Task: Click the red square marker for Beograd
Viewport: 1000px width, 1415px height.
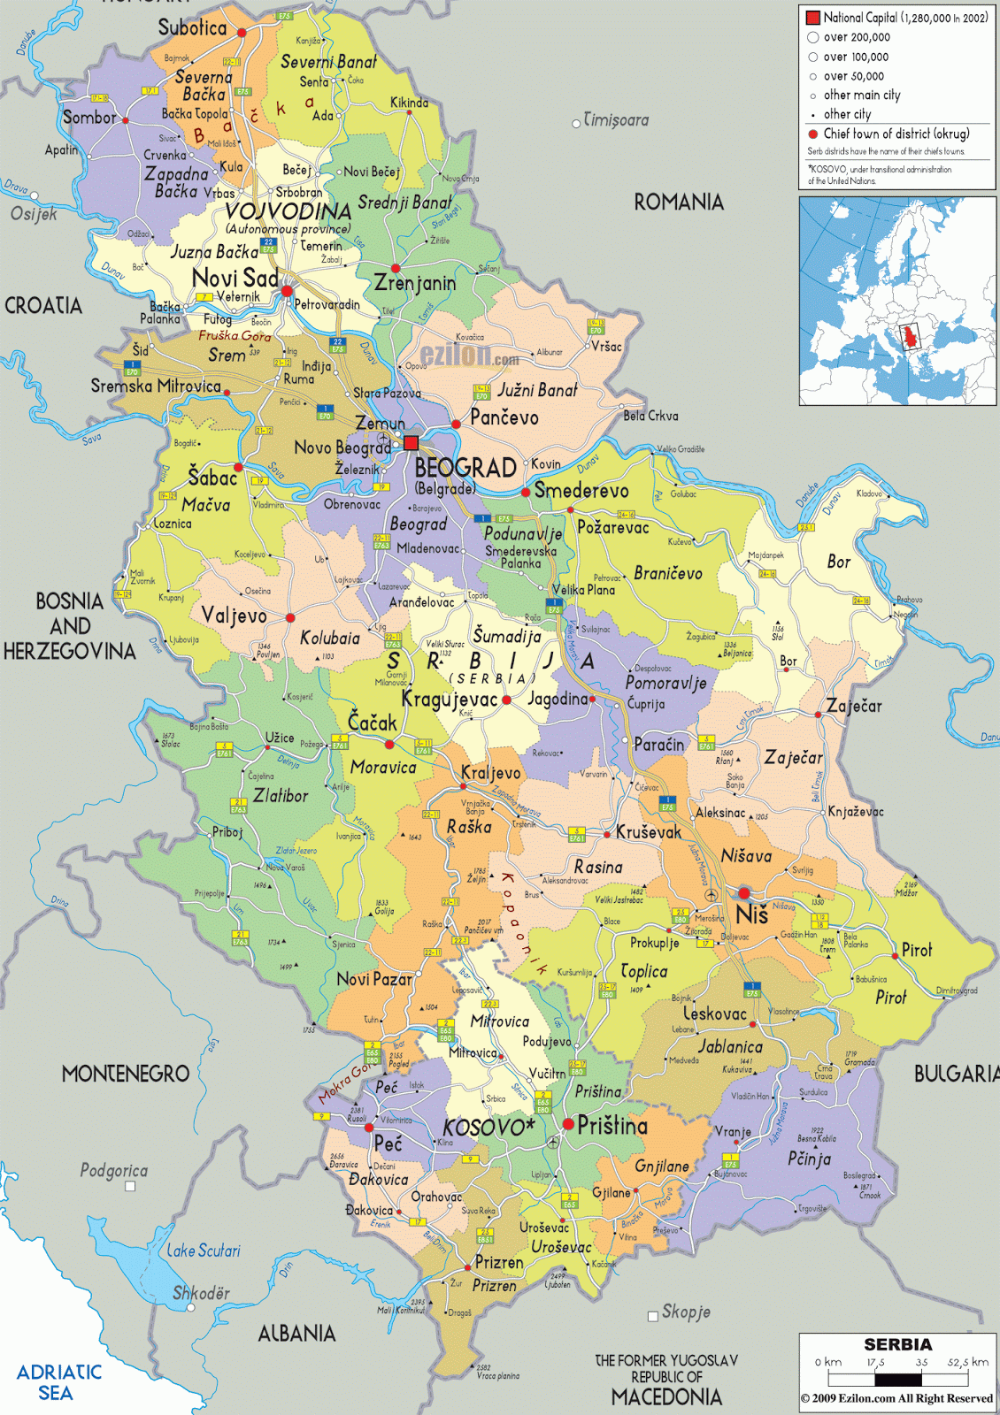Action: click(411, 442)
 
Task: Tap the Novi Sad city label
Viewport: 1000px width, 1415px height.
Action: click(235, 278)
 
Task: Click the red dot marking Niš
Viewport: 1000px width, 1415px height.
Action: click(744, 893)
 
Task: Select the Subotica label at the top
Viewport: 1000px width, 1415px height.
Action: click(192, 27)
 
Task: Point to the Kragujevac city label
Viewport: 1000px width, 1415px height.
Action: click(449, 699)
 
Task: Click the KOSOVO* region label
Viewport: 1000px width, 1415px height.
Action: click(488, 1128)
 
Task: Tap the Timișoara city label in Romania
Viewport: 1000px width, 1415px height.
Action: click(616, 119)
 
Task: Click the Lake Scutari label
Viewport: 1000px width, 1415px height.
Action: click(204, 1251)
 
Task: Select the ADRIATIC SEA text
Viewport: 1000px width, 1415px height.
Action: click(58, 1382)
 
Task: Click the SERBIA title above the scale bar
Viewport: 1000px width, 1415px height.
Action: click(897, 1344)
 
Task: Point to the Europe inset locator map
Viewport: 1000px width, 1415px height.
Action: click(897, 301)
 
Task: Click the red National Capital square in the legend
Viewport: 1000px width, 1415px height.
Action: click(812, 17)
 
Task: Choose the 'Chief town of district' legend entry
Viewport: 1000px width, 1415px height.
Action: click(896, 134)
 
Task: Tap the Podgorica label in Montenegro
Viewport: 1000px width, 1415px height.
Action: click(113, 1170)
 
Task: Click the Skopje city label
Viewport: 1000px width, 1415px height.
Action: click(686, 1312)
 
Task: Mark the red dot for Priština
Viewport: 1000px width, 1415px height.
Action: click(568, 1124)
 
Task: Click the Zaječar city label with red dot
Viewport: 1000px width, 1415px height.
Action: click(853, 706)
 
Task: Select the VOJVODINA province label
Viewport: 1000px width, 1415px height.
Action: click(288, 211)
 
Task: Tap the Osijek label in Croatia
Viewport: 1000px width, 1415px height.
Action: click(34, 214)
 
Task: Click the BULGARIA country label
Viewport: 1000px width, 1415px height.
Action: click(956, 1074)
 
